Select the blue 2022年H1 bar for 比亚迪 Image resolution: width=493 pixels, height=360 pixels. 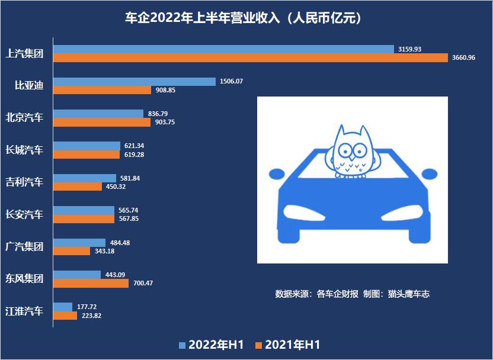(x=135, y=81)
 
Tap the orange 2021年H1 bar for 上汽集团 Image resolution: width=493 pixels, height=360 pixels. (x=251, y=57)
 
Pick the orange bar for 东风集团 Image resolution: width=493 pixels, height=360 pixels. (x=91, y=283)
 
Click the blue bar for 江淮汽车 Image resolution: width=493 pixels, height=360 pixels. (x=63, y=307)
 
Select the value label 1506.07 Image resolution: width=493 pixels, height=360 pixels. (x=231, y=81)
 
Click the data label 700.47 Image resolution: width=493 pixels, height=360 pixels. (x=142, y=283)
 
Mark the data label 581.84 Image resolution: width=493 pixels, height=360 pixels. (x=130, y=178)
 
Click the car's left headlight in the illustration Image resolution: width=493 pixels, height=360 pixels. (x=303, y=211)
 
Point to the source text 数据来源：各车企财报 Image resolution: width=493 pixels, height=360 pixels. (x=317, y=294)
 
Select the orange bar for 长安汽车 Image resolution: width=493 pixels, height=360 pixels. (x=84, y=218)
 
